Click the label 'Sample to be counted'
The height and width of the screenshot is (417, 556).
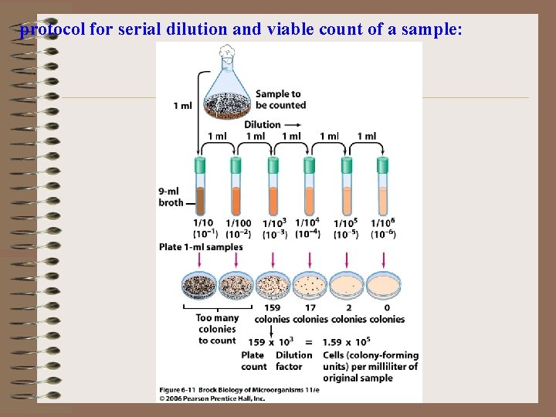pyautogui.click(x=280, y=100)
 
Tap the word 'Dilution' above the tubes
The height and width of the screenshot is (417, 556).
pyautogui.click(x=263, y=124)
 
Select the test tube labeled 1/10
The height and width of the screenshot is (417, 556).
pyautogui.click(x=200, y=186)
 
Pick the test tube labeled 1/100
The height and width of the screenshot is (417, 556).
pyautogui.click(x=236, y=186)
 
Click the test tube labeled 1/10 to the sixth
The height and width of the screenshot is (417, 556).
pyautogui.click(x=383, y=186)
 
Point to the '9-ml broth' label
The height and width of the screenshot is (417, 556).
pyautogui.click(x=171, y=197)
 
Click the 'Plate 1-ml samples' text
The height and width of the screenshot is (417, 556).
pyautogui.click(x=201, y=247)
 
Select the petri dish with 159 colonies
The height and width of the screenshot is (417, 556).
pyautogui.click(x=273, y=286)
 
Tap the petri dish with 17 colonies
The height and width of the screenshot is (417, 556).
pyautogui.click(x=310, y=286)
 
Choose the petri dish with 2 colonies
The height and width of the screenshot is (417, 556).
pyautogui.click(x=347, y=286)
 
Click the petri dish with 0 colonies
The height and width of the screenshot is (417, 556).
pyautogui.click(x=385, y=286)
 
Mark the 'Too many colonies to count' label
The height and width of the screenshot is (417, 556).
pyautogui.click(x=217, y=329)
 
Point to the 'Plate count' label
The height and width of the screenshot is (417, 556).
pyautogui.click(x=254, y=361)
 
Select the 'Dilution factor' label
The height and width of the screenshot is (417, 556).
pyautogui.click(x=293, y=361)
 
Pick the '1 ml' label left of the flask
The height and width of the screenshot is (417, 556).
pyautogui.click(x=183, y=106)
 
